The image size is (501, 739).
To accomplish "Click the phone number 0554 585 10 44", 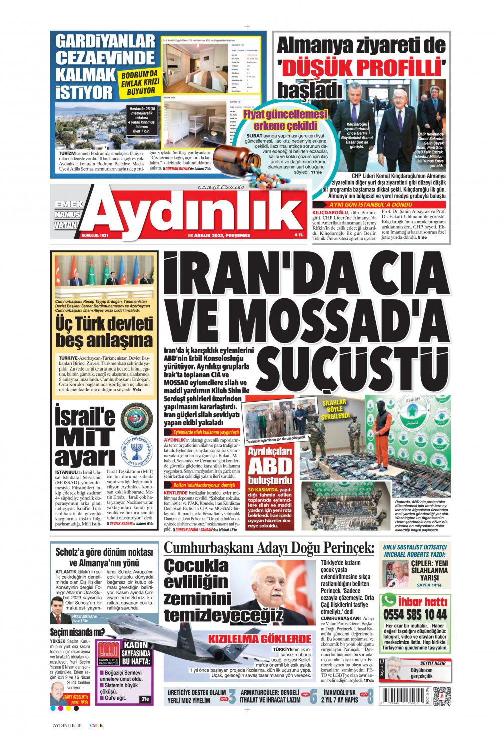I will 415,615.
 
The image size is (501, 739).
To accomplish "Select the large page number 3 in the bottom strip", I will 232,697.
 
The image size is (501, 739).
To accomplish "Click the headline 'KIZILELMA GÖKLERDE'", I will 260,638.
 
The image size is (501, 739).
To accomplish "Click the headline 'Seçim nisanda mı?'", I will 77,632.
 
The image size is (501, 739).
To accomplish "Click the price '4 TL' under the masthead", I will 299,235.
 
